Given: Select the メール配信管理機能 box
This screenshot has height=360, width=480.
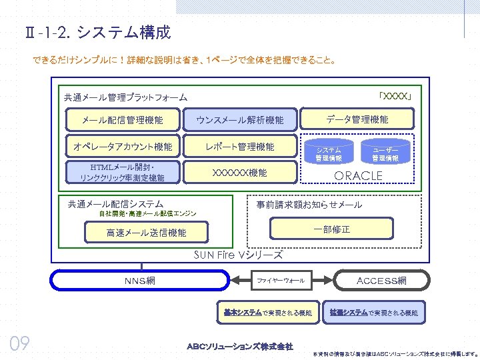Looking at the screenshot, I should [122, 120].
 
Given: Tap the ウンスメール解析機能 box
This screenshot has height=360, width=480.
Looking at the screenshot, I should [239, 120].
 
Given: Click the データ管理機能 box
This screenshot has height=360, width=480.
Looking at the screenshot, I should [357, 119].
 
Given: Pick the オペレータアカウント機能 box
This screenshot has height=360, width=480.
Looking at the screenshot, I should [122, 146].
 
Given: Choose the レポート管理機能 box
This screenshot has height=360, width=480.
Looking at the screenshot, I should [239, 146].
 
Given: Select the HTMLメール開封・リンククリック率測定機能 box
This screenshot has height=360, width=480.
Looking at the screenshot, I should [122, 172].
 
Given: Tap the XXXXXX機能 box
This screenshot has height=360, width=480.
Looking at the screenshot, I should [239, 173].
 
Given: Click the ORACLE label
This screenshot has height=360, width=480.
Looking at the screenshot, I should [358, 175].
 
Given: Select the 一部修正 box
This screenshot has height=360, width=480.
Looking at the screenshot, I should [331, 229].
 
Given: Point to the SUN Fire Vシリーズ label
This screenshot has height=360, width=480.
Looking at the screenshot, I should [238, 255].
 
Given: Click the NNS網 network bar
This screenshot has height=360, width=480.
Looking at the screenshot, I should [139, 281].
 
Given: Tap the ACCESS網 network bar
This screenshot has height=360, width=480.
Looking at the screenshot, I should [381, 281].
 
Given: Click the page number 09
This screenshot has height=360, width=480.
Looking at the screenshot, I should [20, 343].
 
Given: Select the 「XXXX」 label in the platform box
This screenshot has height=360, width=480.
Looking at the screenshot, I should [397, 96].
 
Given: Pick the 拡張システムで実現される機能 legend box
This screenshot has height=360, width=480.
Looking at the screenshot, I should [373, 312].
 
